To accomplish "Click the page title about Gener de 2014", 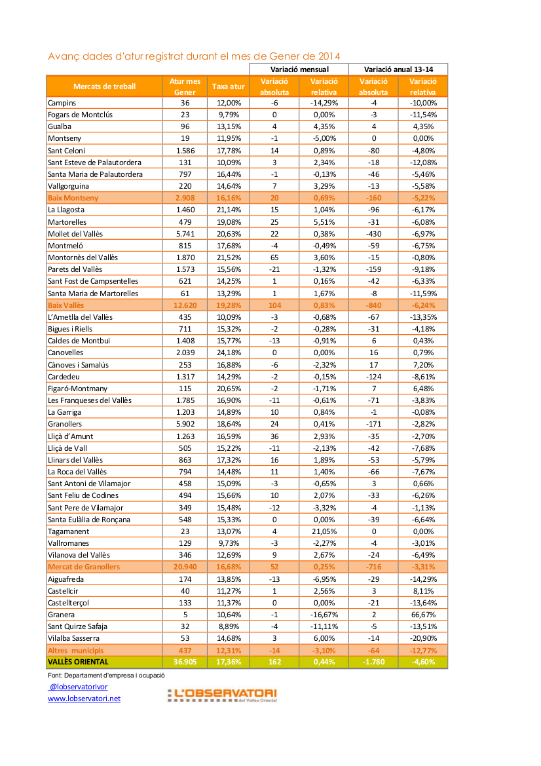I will tap(194, 56).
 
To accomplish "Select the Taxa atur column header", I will tap(228, 86).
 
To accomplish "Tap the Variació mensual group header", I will tap(299, 69).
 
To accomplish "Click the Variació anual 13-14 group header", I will tap(398, 69).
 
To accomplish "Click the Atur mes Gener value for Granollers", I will tap(185, 424).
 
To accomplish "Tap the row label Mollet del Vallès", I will tap(75, 233).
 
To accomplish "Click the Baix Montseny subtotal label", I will tap(73, 198).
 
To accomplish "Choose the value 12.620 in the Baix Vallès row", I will tap(185, 305).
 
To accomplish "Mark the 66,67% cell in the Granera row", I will tap(422, 614).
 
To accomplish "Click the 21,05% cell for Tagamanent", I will tap(324, 531).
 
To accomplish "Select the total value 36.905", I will tap(185, 662).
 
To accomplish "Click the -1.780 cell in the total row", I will tap(373, 662).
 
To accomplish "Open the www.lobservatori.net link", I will tap(84, 699).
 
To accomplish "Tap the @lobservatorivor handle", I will tap(79, 687).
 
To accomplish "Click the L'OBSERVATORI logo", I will tap(221, 695).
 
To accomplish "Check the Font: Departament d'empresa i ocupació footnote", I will tap(105, 675).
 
